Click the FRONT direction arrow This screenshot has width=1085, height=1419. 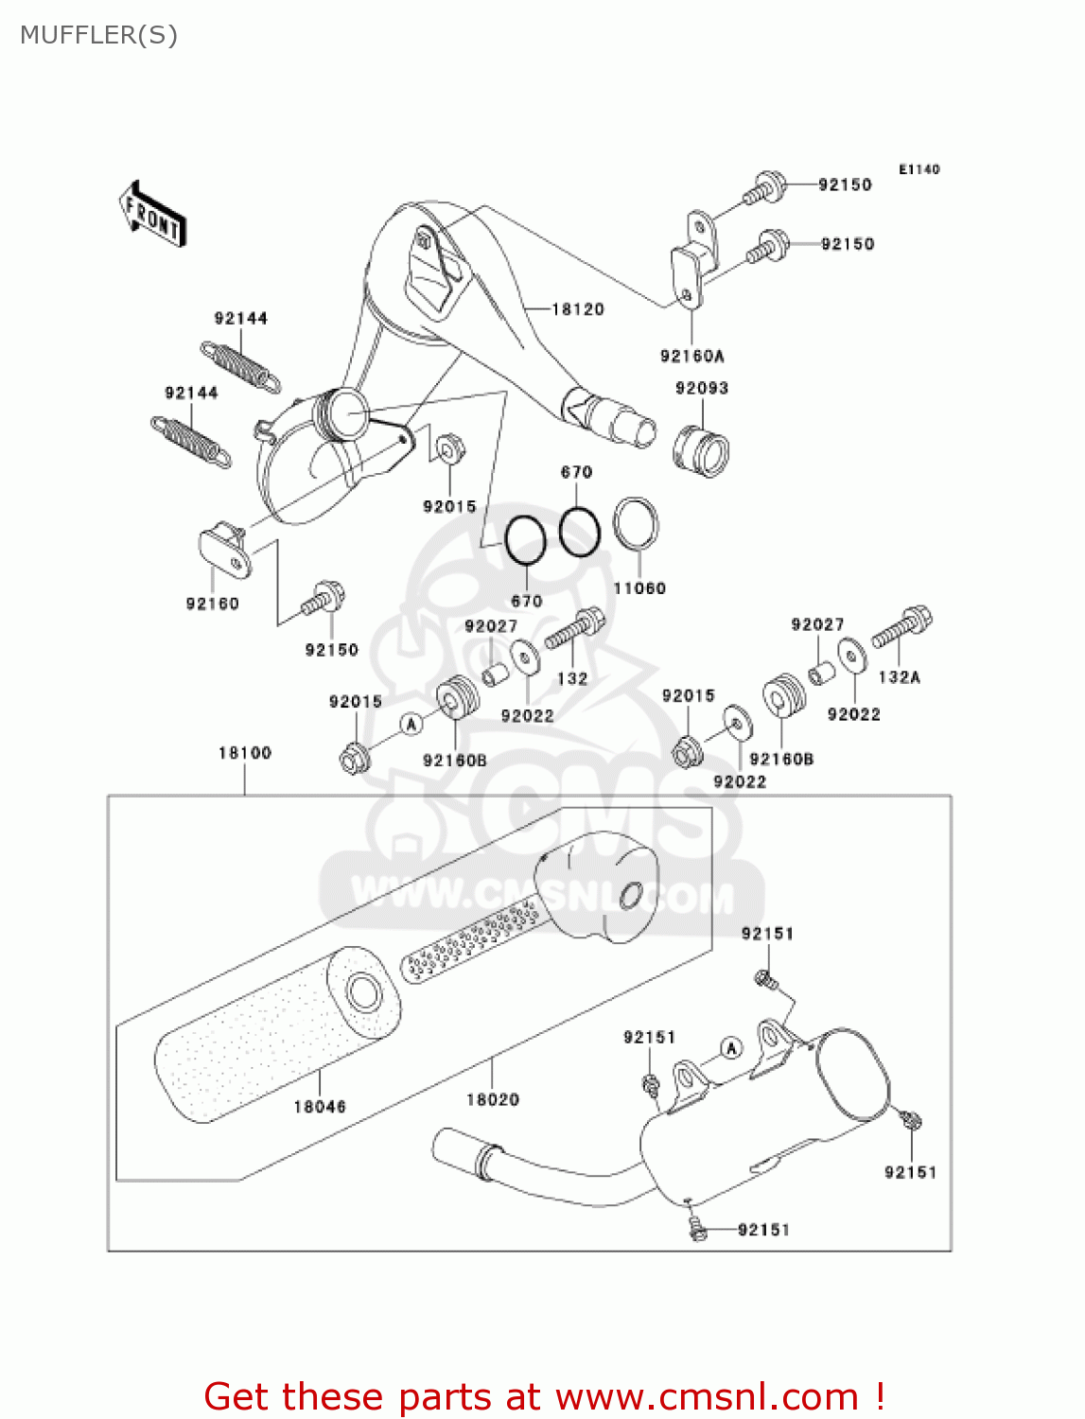tap(151, 215)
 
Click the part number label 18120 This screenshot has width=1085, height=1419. tap(577, 309)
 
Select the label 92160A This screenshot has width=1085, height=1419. tap(691, 356)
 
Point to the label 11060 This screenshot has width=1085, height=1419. tap(639, 587)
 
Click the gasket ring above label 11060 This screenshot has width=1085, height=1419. tap(636, 523)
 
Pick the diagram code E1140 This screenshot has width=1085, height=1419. tap(919, 169)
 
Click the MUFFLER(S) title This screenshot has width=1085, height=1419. tap(98, 35)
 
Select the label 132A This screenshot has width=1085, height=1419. tap(899, 677)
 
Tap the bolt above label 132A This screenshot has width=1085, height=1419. tap(902, 627)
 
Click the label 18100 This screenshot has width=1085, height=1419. tap(245, 753)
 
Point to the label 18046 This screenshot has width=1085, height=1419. tap(320, 1106)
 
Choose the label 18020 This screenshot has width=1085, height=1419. tap(493, 1099)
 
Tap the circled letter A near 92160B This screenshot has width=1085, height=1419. tap(411, 724)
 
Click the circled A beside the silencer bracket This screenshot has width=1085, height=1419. tap(730, 1048)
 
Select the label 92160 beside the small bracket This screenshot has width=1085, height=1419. tap(212, 604)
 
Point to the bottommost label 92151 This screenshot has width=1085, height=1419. tap(763, 1230)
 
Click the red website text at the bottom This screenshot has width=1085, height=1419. tap(544, 1396)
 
